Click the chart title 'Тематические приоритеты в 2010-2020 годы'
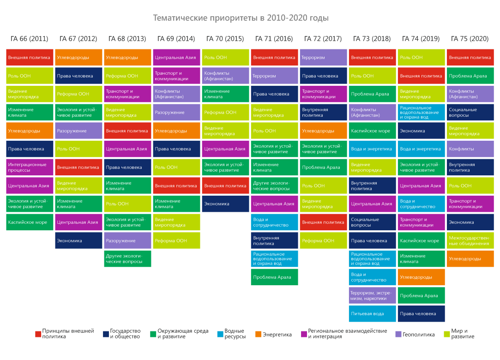[241, 18]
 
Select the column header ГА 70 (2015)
[225, 39]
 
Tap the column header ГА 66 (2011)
[29, 39]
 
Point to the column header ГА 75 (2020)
[470, 39]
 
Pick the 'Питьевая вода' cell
[372, 314]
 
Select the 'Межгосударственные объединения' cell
[470, 240]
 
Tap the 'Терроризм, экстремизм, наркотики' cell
[372, 295]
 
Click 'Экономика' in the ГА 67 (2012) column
[78, 240]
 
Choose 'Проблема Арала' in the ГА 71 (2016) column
[274, 277]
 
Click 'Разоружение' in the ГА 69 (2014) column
[176, 112]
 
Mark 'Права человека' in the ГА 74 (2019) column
[421, 314]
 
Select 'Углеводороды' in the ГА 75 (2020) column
[470, 259]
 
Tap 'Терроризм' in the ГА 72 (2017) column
[323, 57]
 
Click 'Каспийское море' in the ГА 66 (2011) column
[30, 222]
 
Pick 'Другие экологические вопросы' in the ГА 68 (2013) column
[127, 258]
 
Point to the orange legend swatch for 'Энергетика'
[258, 334]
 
